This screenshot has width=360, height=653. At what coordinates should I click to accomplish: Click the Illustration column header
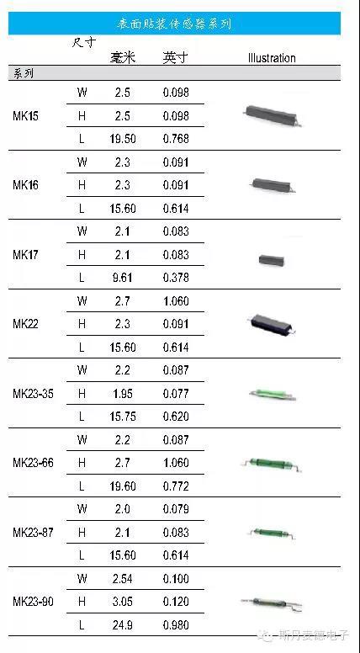point(272,58)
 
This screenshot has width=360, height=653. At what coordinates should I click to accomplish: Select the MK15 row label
point(25,116)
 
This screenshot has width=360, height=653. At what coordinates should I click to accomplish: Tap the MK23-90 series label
point(33,602)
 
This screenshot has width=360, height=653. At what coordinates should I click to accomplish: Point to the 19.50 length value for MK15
point(123,139)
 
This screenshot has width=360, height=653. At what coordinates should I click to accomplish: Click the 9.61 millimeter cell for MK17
point(122,278)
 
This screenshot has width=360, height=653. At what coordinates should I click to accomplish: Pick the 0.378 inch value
point(176,278)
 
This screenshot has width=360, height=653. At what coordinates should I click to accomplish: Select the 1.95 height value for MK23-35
point(123,394)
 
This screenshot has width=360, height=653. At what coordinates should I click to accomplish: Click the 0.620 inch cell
point(176,417)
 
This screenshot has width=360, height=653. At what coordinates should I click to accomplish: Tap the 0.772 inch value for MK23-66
point(176,486)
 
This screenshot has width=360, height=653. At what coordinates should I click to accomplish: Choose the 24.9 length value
point(123,625)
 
